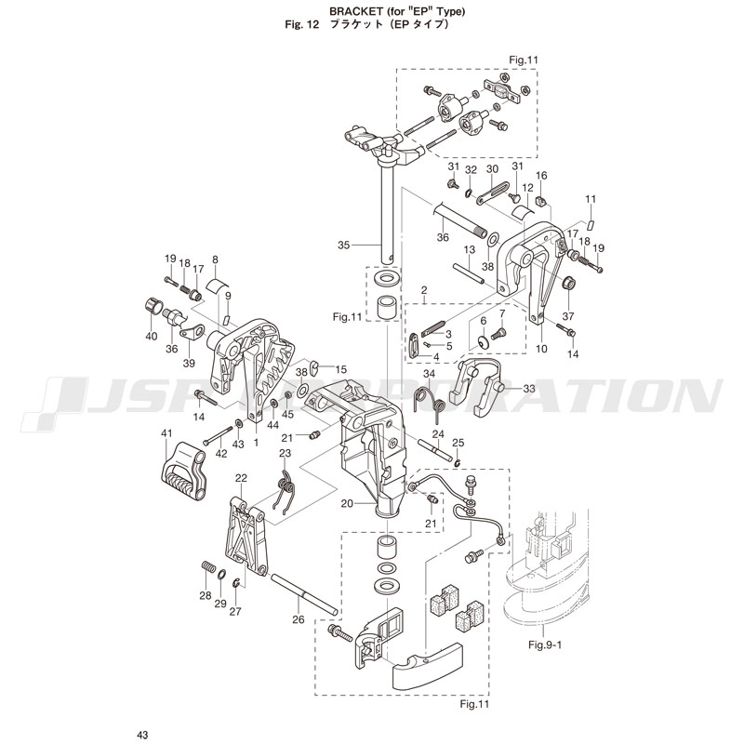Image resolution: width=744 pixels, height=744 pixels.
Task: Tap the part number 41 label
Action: coord(167,433)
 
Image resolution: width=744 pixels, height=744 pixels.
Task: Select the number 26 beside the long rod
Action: coord(298,620)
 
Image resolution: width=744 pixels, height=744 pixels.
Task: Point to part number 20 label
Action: coord(346,503)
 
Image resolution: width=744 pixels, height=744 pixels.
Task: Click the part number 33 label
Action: coord(529,388)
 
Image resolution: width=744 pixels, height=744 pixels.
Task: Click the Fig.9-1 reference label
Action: coord(548,644)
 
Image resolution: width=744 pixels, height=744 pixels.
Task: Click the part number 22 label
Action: coord(240,478)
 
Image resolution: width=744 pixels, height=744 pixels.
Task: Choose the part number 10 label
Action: coord(541,349)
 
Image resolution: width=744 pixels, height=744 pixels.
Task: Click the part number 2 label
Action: coord(423,290)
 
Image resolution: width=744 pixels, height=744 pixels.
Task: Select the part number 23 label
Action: coord(286,453)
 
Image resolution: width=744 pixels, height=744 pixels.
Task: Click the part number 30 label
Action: coord(493,168)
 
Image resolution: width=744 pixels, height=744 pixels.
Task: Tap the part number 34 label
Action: coord(430,374)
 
